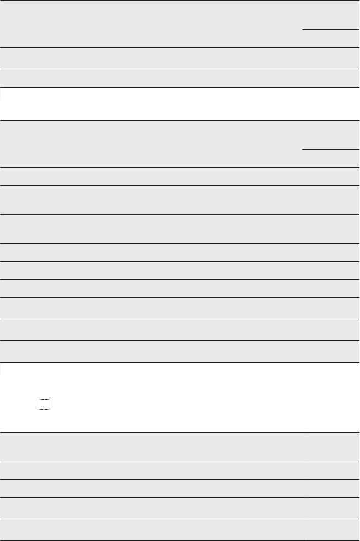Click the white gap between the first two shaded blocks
[180, 104]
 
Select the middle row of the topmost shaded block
[180, 58]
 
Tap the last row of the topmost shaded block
[180, 78]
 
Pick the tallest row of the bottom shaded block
[180, 447]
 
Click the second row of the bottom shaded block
[180, 470]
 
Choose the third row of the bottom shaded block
[180, 489]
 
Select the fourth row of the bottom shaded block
[180, 508]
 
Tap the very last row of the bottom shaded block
[180, 529]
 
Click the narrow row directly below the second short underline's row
[180, 176]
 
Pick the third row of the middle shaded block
[180, 200]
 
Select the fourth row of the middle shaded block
[180, 229]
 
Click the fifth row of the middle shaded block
[180, 252]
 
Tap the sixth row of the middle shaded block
[180, 270]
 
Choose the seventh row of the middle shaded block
[180, 288]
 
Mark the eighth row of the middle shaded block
[180, 308]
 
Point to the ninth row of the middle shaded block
[180, 329]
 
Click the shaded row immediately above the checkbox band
[180, 351]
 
